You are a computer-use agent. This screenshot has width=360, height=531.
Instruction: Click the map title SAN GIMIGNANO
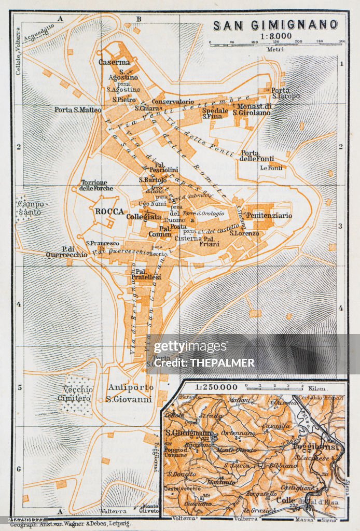coord(275,25)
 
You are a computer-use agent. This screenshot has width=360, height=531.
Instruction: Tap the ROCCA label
coord(109,211)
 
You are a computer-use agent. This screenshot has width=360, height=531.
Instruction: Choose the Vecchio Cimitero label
coord(78,395)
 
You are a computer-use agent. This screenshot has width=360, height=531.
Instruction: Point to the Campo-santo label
coord(32,208)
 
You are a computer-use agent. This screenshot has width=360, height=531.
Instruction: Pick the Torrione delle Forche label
coord(94,185)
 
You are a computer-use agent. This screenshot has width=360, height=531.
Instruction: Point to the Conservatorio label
coord(173,102)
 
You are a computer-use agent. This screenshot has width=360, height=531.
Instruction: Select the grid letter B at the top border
coord(139,19)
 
